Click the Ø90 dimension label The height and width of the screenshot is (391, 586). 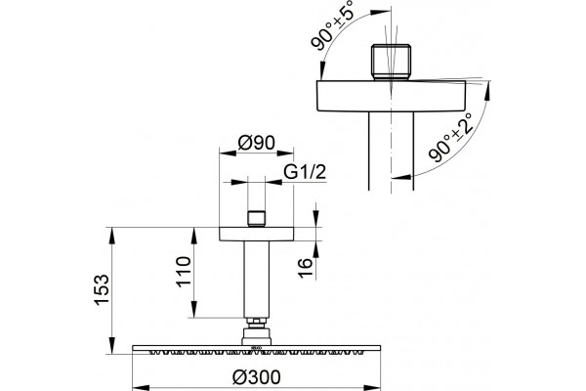(256, 143)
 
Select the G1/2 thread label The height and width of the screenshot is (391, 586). (305, 172)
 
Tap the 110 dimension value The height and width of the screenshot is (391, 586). (184, 272)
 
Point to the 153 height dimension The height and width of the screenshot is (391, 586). (102, 290)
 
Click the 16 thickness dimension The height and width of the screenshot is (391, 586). (306, 268)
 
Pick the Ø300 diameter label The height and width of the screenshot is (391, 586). (256, 376)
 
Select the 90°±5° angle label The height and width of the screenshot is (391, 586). (331, 25)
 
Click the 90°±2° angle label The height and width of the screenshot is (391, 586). (451, 137)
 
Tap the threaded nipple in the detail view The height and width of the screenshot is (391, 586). (392, 63)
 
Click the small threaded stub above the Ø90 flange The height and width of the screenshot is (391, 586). (256, 219)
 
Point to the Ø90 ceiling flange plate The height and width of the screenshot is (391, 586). (256, 234)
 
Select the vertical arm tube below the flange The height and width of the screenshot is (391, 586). (256, 280)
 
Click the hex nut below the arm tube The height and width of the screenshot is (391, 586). (256, 323)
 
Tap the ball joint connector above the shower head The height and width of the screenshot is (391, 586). (256, 336)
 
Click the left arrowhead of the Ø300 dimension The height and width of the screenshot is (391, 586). (141, 388)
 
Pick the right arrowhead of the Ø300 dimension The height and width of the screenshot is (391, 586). (372, 388)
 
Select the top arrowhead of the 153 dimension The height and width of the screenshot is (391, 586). (112, 236)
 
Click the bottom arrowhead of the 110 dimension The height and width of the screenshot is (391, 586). (194, 309)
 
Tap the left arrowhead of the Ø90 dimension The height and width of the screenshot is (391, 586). (228, 152)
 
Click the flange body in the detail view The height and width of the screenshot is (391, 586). (392, 96)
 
